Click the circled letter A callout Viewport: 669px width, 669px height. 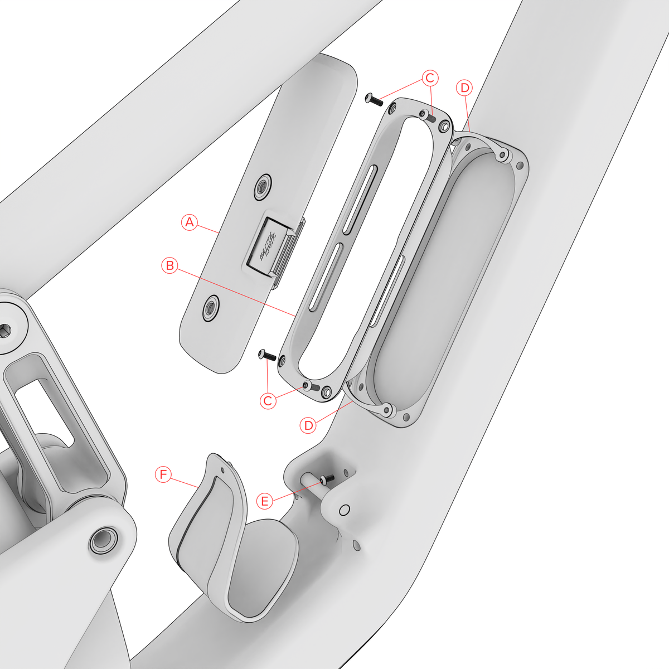pyautogui.click(x=190, y=222)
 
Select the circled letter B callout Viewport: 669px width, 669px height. pyautogui.click(x=170, y=265)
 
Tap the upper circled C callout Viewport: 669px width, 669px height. pyautogui.click(x=430, y=78)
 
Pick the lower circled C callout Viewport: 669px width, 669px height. pyautogui.click(x=268, y=400)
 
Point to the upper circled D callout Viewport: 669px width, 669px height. pyautogui.click(x=464, y=88)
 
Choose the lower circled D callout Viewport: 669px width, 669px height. pyautogui.click(x=308, y=425)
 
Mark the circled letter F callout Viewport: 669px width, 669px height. pyautogui.click(x=163, y=474)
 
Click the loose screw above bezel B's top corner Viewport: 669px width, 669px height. pyautogui.click(x=373, y=100)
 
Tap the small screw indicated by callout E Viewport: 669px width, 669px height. pyautogui.click(x=327, y=479)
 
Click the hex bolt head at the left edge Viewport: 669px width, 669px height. pyautogui.click(x=4, y=330)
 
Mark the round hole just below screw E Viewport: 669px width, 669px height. pyautogui.click(x=344, y=510)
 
